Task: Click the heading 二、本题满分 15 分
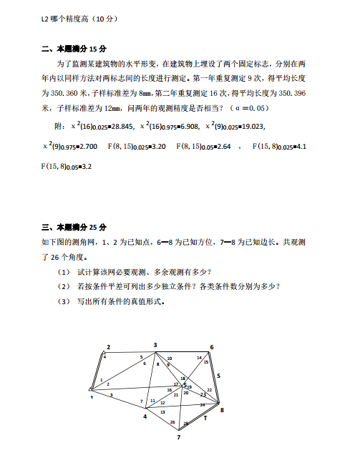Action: (x=74, y=49)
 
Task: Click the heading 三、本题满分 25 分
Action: (x=74, y=227)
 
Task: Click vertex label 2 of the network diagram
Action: (x=108, y=347)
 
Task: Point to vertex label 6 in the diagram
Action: (x=211, y=347)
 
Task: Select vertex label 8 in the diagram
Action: (x=222, y=410)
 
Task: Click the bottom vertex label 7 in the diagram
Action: (x=179, y=436)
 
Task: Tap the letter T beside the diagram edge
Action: (x=205, y=416)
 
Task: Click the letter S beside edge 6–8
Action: (x=218, y=374)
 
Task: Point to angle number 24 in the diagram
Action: (x=203, y=405)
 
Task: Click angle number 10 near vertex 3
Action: (x=170, y=358)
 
